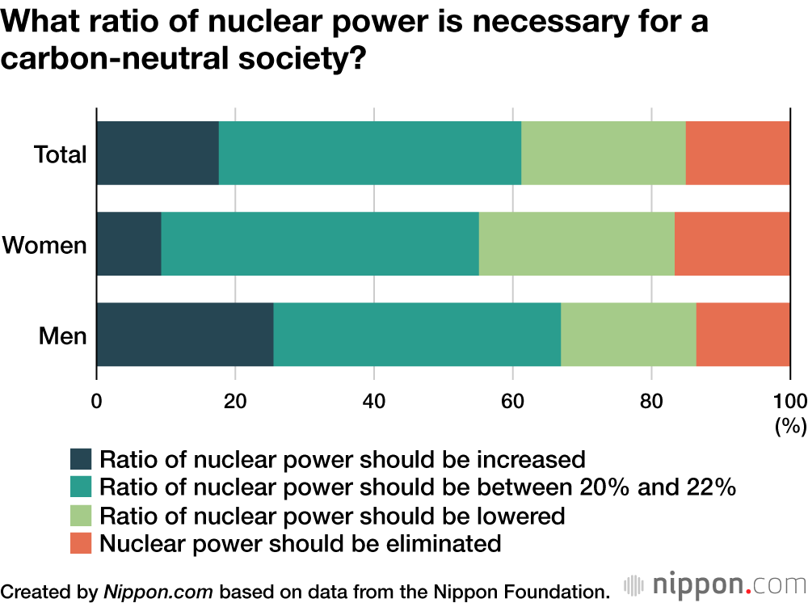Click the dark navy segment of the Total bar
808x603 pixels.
pyautogui.click(x=158, y=153)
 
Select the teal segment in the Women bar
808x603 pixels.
pyautogui.click(x=320, y=244)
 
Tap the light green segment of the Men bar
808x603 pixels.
pyautogui.click(x=628, y=335)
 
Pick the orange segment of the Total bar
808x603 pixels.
pyautogui.click(x=738, y=153)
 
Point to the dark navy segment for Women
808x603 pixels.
pyautogui.click(x=129, y=244)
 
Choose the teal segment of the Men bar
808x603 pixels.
pyautogui.click(x=417, y=335)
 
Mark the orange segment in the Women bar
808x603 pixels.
pyautogui.click(x=732, y=244)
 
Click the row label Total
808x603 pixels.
pyautogui.click(x=60, y=154)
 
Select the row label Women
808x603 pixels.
pyautogui.click(x=44, y=245)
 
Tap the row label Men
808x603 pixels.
pyautogui.click(x=62, y=335)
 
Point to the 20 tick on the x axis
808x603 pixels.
pyautogui.click(x=235, y=399)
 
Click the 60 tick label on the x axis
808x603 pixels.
pyautogui.click(x=512, y=399)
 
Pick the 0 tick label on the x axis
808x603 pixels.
pyautogui.click(x=97, y=399)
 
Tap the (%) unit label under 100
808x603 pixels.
pyautogui.click(x=786, y=425)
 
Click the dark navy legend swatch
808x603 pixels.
pyautogui.click(x=82, y=460)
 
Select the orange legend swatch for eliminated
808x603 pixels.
pyautogui.click(x=82, y=543)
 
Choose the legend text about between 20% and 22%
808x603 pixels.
pyautogui.click(x=417, y=487)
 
